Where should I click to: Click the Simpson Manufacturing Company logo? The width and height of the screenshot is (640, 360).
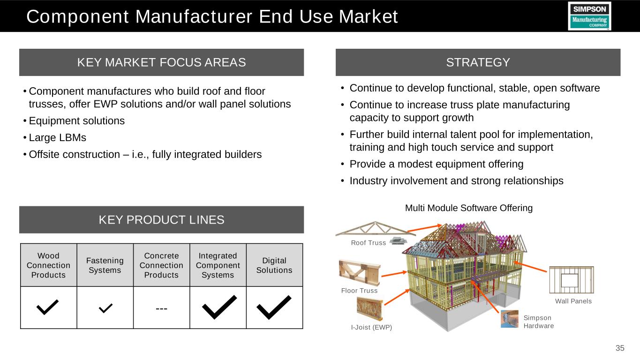(589, 16)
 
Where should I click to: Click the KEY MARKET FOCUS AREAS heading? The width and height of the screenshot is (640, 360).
(161, 62)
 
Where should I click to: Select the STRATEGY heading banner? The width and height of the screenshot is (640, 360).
(478, 62)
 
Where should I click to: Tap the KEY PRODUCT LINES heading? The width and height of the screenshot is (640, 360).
(161, 220)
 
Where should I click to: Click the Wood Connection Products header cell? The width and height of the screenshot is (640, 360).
(49, 265)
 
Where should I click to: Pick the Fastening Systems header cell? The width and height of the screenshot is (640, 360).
(105, 265)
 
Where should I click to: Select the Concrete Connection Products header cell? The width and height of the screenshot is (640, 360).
(161, 265)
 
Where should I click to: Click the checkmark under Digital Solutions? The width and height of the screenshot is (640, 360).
(274, 307)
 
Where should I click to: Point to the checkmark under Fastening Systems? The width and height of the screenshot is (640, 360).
(105, 308)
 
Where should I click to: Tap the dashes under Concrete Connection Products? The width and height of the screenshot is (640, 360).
(161, 308)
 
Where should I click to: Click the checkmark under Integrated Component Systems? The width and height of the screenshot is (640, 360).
(219, 307)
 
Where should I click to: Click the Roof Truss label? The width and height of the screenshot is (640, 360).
(368, 243)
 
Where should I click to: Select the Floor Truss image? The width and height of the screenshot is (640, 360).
(360, 272)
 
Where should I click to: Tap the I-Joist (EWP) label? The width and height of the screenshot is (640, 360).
(371, 328)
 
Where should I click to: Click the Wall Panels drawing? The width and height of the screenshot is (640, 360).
(572, 280)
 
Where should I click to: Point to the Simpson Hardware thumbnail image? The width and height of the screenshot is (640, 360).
(510, 319)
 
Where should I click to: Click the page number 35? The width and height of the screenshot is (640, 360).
(620, 348)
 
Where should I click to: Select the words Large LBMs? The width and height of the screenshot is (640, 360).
(57, 138)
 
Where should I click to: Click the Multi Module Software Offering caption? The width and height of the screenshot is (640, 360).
(469, 208)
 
